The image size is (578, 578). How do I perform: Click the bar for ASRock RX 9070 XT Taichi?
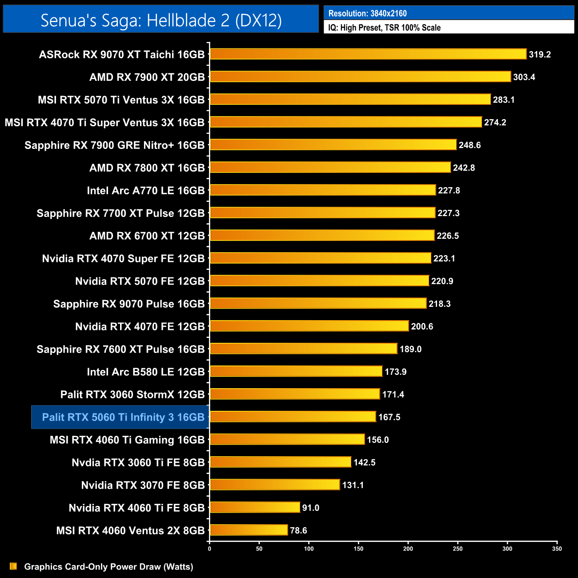368,54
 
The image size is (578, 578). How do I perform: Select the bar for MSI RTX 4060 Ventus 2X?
249,530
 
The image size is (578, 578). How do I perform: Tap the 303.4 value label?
524,77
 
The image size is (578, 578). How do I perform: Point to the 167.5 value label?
389,417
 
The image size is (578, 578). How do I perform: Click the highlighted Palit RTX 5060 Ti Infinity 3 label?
123,417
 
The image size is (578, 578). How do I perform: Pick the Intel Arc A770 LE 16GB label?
145,191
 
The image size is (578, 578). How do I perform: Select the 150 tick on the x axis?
358,549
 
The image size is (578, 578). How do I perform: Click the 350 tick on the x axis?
557,549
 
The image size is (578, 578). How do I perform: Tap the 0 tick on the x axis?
209,549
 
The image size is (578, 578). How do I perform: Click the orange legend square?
13,566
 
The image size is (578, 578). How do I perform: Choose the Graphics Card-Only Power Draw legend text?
108,567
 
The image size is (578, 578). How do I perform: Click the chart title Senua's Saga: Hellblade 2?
161,20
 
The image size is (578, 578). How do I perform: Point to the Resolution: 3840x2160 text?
367,13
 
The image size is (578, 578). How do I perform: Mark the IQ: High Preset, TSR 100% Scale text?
384,28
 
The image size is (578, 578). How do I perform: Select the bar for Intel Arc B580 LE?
296,371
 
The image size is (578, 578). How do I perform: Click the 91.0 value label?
310,508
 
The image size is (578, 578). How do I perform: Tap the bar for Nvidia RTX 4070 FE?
309,326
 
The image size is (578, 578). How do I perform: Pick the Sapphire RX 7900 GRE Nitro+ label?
114,145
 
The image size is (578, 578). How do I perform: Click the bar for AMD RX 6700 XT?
322,235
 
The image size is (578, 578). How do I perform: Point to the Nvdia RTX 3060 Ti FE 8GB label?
138,462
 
